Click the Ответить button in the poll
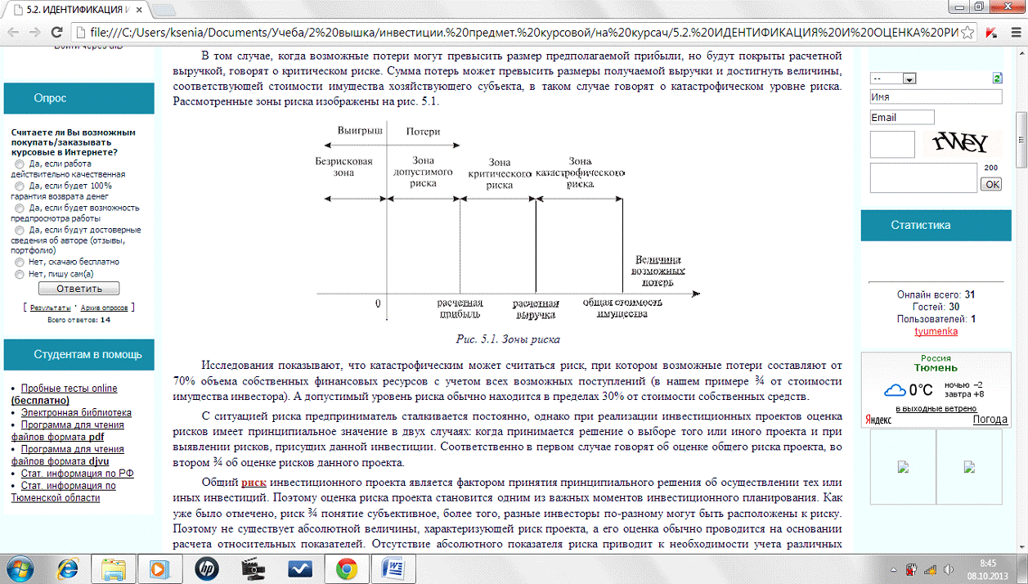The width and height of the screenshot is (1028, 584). coord(79,289)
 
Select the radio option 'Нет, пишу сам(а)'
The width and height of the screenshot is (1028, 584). coord(20,275)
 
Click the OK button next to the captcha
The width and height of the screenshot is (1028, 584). coord(991,184)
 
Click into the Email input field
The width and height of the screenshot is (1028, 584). coord(902,117)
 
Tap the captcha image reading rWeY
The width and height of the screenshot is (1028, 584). coord(962,144)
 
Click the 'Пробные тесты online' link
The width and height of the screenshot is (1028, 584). coord(69,389)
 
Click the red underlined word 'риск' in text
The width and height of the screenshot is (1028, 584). coord(254,483)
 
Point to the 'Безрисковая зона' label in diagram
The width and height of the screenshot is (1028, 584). coord(343,167)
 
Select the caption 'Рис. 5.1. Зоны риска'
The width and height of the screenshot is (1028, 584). coord(507,339)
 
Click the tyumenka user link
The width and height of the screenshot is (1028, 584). coord(936,331)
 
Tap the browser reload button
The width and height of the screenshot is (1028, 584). coord(56,33)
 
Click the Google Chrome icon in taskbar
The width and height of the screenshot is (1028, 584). coord(346,568)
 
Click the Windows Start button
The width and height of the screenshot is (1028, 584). coord(18,568)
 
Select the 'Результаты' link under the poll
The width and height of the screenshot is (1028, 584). coord(50,308)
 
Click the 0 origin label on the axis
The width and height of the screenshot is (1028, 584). coord(378,303)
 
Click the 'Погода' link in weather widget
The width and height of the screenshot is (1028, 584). coord(990,420)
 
